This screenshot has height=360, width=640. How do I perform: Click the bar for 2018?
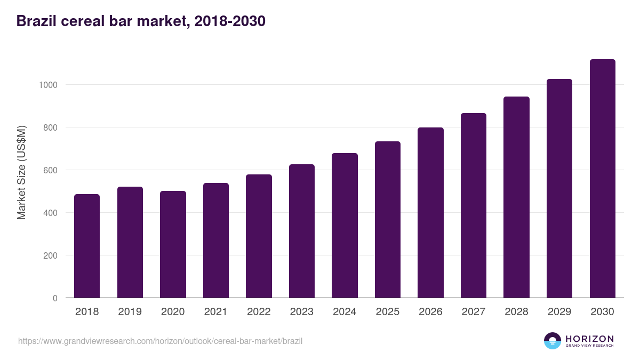(87, 246)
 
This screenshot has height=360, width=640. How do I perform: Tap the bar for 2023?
(302, 231)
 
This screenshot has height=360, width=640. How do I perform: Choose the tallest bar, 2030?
(602, 179)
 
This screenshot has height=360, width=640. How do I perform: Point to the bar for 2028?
(516, 197)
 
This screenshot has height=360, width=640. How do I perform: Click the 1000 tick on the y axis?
(47, 85)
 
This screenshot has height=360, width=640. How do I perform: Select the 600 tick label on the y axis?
(50, 170)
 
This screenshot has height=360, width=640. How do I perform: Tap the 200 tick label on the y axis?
(50, 255)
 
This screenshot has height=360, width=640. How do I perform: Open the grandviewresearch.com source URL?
(160, 341)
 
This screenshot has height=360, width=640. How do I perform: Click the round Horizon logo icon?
(553, 341)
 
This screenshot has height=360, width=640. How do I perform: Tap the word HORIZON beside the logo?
(589, 338)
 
